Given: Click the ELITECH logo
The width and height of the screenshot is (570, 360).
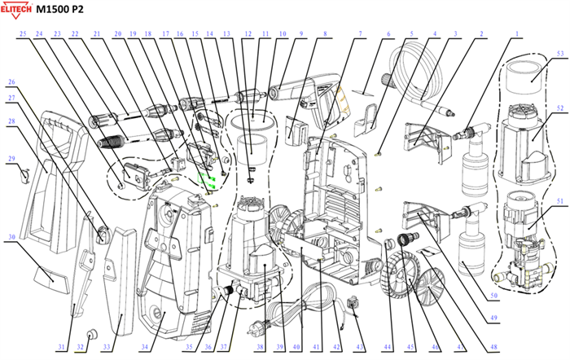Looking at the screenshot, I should (27, 9).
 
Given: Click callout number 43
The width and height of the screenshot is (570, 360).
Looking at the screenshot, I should (359, 347).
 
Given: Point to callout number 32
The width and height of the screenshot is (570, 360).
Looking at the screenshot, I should (78, 347).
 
